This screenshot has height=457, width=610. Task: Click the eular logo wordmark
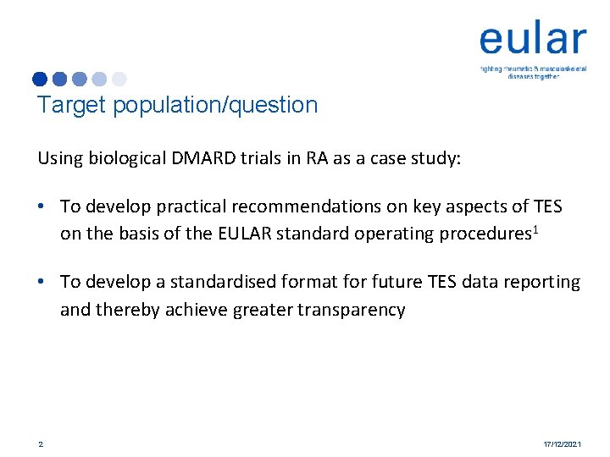(x=532, y=40)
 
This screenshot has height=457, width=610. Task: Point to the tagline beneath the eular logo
(x=532, y=72)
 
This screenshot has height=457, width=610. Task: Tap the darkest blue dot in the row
(x=40, y=79)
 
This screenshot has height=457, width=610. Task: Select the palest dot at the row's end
(x=119, y=79)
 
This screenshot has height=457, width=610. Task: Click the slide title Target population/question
(x=177, y=105)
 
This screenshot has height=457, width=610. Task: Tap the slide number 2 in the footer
(x=40, y=443)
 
